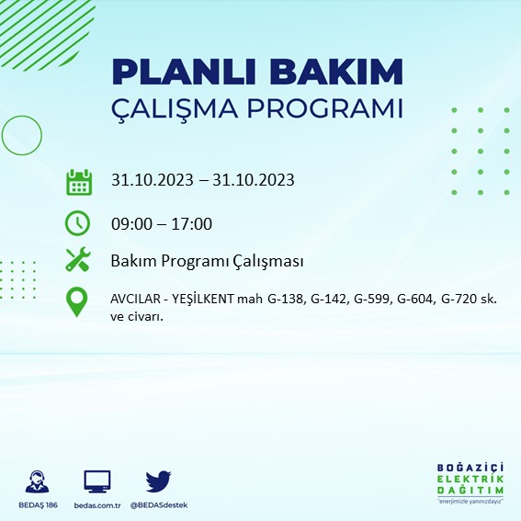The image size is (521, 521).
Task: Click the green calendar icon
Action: pos(78,181)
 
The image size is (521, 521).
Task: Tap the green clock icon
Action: pos(78,223)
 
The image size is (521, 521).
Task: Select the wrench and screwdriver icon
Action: pos(78,261)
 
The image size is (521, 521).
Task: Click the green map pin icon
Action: pos(78,302)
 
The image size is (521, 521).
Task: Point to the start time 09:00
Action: pos(130,223)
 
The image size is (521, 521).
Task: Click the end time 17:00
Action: pos(193,223)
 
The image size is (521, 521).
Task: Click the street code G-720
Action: pos(461,300)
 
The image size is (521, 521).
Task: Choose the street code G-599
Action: pos(373,300)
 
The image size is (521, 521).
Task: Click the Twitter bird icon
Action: pos(158,481)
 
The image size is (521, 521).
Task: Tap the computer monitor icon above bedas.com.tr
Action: pos(96,481)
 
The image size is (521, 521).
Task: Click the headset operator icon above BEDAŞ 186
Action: pos(38,481)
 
